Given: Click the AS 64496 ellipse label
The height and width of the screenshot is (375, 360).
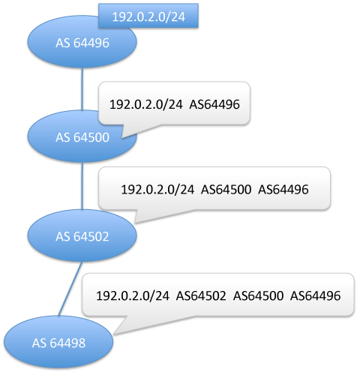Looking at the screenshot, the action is pyautogui.click(x=82, y=43).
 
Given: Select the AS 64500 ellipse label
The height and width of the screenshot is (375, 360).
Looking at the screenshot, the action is pyautogui.click(x=82, y=137).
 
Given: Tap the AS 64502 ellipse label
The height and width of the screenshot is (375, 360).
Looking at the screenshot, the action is pyautogui.click(x=82, y=236).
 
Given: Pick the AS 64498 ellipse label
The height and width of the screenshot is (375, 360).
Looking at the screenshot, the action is pyautogui.click(x=58, y=343).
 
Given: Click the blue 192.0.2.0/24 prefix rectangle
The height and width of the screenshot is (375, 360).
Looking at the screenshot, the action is pyautogui.click(x=148, y=16).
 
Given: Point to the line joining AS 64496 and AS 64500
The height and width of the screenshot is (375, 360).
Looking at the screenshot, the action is pyautogui.click(x=82, y=88).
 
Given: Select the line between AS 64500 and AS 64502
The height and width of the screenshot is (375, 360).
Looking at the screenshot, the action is pyautogui.click(x=82, y=186).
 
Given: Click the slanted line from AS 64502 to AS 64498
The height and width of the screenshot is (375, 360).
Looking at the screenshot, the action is pyautogui.click(x=70, y=289).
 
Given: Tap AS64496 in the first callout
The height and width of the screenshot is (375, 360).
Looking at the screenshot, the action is pyautogui.click(x=214, y=104).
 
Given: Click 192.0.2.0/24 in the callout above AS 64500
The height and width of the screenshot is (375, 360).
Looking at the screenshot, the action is pyautogui.click(x=146, y=104).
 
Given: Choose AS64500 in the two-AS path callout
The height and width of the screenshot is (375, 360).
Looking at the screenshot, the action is pyautogui.click(x=226, y=189).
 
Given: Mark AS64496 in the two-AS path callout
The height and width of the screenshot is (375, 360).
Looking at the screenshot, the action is pyautogui.click(x=283, y=189).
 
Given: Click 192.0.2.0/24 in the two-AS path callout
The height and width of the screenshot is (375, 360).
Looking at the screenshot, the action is pyautogui.click(x=157, y=189).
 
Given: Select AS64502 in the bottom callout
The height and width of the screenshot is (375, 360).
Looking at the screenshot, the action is pyautogui.click(x=201, y=295).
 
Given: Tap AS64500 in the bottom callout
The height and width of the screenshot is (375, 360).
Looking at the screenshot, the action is pyautogui.click(x=258, y=295).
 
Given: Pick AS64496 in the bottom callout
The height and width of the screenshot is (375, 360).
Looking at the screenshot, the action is pyautogui.click(x=315, y=295).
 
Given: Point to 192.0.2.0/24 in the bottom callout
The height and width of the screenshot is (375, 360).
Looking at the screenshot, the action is pyautogui.click(x=133, y=295).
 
